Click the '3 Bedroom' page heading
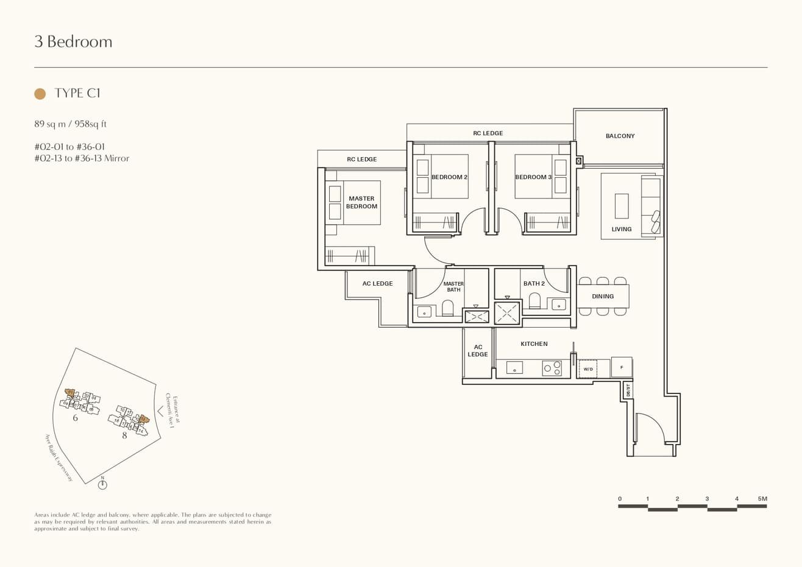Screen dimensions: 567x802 73,41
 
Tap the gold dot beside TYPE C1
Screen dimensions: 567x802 40,93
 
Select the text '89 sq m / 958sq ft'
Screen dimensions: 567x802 71,124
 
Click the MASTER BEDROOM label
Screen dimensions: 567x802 361,202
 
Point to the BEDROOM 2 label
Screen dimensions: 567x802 449,177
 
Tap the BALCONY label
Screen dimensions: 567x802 620,136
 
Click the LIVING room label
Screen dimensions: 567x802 621,229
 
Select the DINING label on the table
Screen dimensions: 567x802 603,296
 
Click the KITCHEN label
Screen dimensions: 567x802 534,343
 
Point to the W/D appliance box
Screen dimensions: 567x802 588,369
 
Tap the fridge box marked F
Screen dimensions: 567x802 622,367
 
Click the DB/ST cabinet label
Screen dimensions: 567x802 628,390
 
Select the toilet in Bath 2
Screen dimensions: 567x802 534,301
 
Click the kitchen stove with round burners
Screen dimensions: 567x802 552,368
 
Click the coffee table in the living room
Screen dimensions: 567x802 621,206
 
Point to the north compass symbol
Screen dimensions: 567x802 102,484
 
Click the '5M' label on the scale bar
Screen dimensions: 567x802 762,499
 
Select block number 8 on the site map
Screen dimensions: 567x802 124,435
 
